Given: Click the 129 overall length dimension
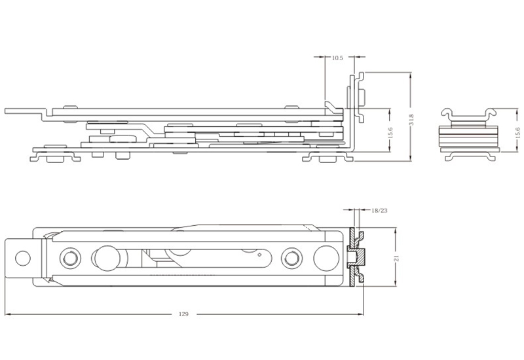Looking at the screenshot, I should pyautogui.click(x=183, y=314).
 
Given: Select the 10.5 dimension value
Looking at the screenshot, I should pyautogui.click(x=337, y=58).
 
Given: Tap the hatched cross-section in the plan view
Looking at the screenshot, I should pyautogui.click(x=357, y=257).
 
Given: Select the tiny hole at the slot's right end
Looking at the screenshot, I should pyautogui.click(x=260, y=255).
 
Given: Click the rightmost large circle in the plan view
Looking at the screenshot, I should pyautogui.click(x=324, y=257).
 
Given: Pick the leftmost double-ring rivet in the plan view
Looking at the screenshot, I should pyautogui.click(x=68, y=257).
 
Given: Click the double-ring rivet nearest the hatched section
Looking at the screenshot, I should pyautogui.click(x=290, y=257).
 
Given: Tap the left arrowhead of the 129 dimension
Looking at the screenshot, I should pyautogui.click(x=8, y=314).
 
